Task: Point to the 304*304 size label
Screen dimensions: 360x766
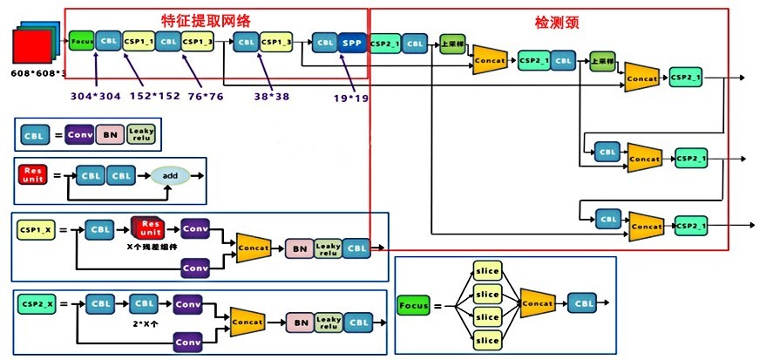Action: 96,96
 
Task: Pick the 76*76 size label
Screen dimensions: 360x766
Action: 207,96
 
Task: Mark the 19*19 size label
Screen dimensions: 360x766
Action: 350,98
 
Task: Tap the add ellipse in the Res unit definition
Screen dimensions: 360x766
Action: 171,175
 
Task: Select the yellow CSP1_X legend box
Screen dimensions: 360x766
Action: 37,230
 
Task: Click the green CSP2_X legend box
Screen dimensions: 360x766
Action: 37,305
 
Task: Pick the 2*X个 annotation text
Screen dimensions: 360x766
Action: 146,323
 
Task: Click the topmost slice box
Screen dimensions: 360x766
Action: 487,270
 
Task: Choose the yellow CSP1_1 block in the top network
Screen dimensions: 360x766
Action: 138,41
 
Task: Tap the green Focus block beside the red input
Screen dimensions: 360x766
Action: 82,41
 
